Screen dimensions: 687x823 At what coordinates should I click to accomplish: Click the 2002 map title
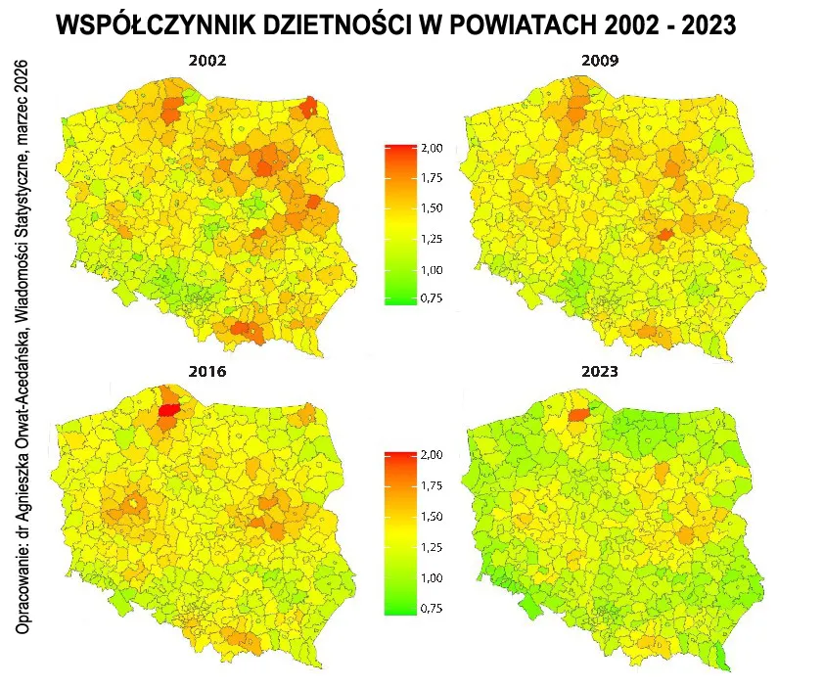point(207,61)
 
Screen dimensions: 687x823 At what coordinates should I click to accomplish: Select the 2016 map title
point(207,372)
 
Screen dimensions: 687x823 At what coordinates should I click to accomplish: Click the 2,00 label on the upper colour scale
point(432,148)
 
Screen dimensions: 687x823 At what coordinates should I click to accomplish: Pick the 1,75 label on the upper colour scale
point(432,178)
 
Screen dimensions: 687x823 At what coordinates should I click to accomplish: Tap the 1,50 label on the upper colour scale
point(432,208)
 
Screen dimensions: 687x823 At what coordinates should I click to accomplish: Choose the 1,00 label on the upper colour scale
point(432,270)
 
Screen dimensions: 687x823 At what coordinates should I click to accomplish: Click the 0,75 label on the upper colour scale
point(432,298)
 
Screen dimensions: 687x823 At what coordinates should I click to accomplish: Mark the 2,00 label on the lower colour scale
point(432,456)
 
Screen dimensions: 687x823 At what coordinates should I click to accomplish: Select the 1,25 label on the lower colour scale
point(432,547)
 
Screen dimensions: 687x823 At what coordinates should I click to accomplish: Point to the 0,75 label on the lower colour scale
point(432,608)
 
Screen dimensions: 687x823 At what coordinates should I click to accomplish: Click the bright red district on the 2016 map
point(167,411)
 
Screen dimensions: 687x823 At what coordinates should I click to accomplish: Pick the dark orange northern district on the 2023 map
point(578,415)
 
